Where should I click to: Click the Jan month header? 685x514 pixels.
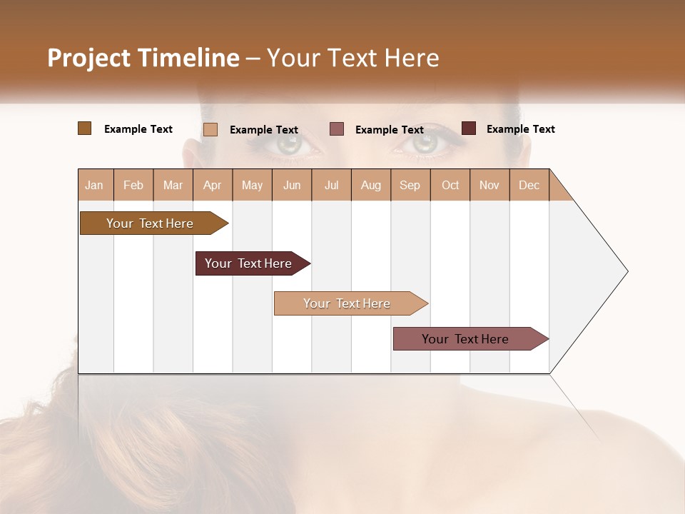pyautogui.click(x=94, y=185)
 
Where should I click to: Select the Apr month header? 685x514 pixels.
pyautogui.click(x=212, y=185)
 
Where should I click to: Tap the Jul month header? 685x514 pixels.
pyautogui.click(x=331, y=185)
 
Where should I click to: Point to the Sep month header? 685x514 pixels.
pyautogui.click(x=410, y=185)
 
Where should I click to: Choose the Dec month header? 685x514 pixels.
pyautogui.click(x=529, y=185)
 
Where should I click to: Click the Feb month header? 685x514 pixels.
pyautogui.click(x=133, y=185)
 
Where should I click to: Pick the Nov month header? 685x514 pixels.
pyautogui.click(x=489, y=185)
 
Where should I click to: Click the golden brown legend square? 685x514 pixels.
pyautogui.click(x=84, y=128)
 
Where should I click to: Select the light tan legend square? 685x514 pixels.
pyautogui.click(x=210, y=129)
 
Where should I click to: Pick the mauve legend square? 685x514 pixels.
pyautogui.click(x=337, y=129)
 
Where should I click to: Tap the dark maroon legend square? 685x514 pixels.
pyautogui.click(x=469, y=128)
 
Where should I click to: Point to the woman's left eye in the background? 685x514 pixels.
pyautogui.click(x=425, y=143)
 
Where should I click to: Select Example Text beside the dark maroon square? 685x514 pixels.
pyautogui.click(x=520, y=128)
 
